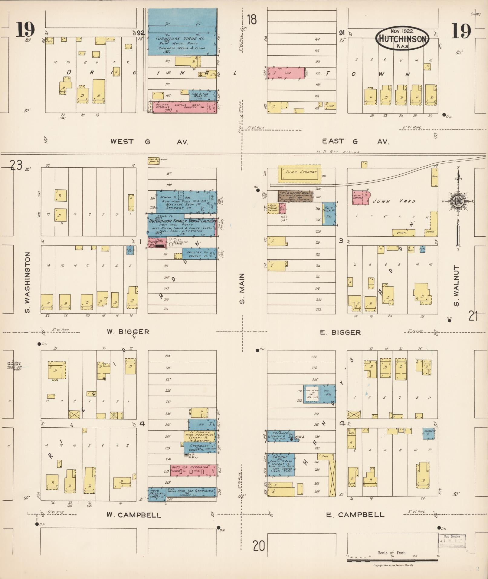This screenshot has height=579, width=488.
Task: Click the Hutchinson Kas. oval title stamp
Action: pos(402,38)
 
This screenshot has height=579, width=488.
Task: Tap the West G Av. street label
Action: pos(149,142)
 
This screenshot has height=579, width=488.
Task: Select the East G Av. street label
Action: pos(355,141)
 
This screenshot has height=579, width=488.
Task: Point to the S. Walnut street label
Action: pos(456,286)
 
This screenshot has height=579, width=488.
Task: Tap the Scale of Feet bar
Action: pos(392,561)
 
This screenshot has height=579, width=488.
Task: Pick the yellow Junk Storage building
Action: pos(300,174)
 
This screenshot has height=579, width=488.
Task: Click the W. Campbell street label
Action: pos(134,515)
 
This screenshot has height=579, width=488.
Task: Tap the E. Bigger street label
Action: pos(340,332)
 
